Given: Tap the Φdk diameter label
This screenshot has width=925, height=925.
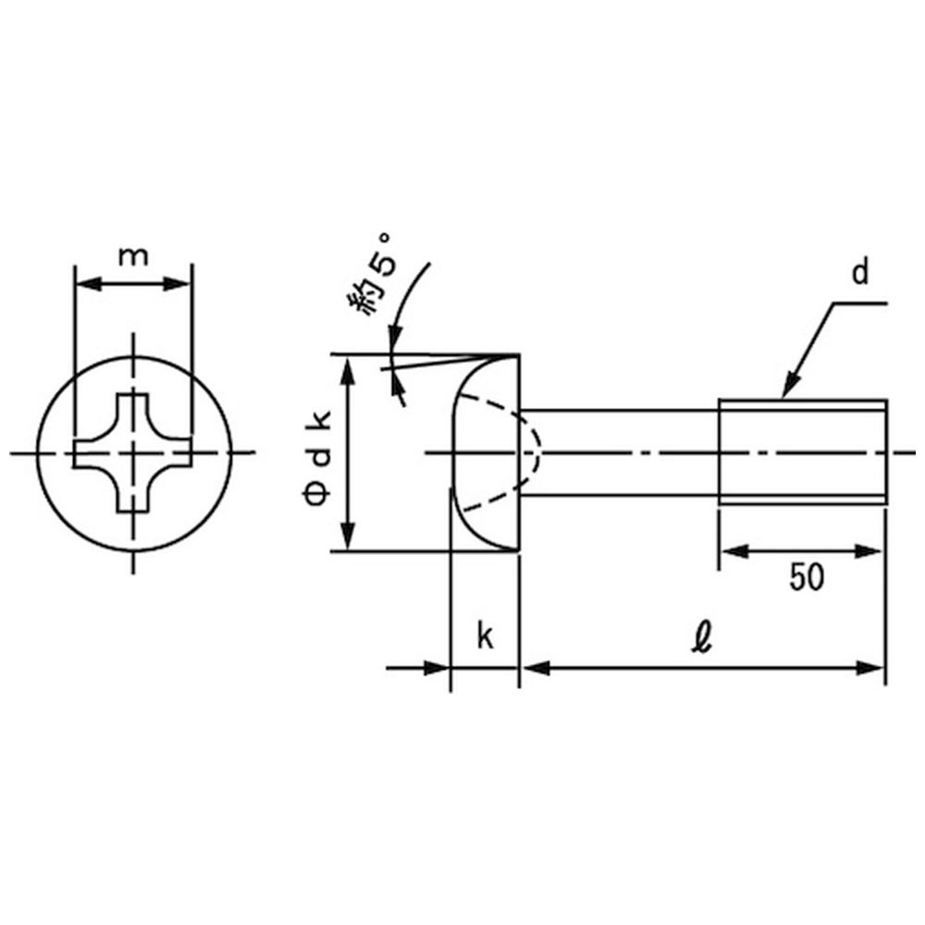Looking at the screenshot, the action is (317, 457).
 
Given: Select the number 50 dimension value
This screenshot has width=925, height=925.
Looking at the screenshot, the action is (807, 577).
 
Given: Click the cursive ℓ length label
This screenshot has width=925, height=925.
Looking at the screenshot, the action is (702, 639).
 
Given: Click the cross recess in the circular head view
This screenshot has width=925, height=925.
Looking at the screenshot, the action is (133, 452).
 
